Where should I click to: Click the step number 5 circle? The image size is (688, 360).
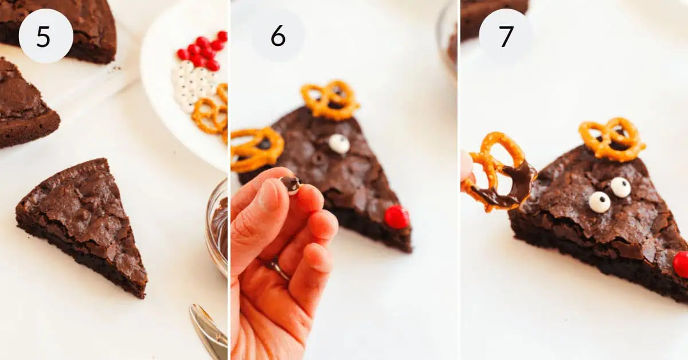46,36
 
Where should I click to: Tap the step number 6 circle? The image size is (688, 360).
278,36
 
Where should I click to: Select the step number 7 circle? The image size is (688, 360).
506,36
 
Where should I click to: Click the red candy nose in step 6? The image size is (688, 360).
396,217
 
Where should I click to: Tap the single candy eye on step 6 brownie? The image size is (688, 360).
339,144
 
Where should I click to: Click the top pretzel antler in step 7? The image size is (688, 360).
611,139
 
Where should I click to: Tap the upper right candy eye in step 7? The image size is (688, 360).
620,187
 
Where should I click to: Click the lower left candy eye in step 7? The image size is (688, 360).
599,202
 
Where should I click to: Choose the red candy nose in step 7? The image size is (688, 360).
682,264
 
